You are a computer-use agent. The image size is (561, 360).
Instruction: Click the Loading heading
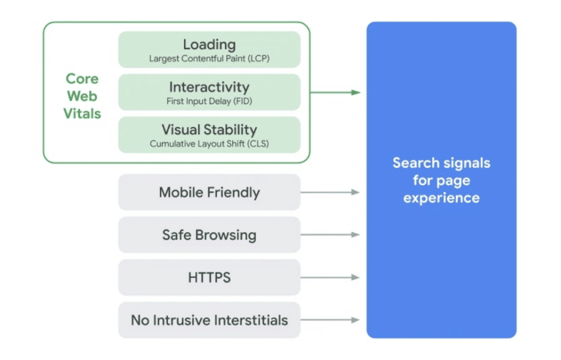point(209,44)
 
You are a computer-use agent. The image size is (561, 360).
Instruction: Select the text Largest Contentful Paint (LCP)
point(209,59)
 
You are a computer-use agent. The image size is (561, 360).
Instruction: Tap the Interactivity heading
point(209,87)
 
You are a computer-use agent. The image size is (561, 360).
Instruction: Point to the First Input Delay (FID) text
point(209,101)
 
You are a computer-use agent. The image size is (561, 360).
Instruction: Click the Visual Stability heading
point(209,130)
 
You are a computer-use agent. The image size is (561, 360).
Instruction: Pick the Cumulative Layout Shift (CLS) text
point(209,144)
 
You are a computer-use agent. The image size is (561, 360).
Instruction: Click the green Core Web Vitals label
point(82,96)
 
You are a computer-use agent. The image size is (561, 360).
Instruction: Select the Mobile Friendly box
point(209,192)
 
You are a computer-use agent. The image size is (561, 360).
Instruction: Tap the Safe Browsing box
point(209,235)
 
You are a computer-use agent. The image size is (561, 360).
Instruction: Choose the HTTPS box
point(209,278)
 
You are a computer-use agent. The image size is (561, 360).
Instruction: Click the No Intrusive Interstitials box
point(209,320)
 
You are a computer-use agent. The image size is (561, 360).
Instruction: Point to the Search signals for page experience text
point(441,180)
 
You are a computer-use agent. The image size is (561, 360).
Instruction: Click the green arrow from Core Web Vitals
point(334,92)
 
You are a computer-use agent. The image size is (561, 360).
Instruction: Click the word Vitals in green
point(82,114)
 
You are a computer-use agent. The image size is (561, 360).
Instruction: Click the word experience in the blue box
point(441,198)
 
